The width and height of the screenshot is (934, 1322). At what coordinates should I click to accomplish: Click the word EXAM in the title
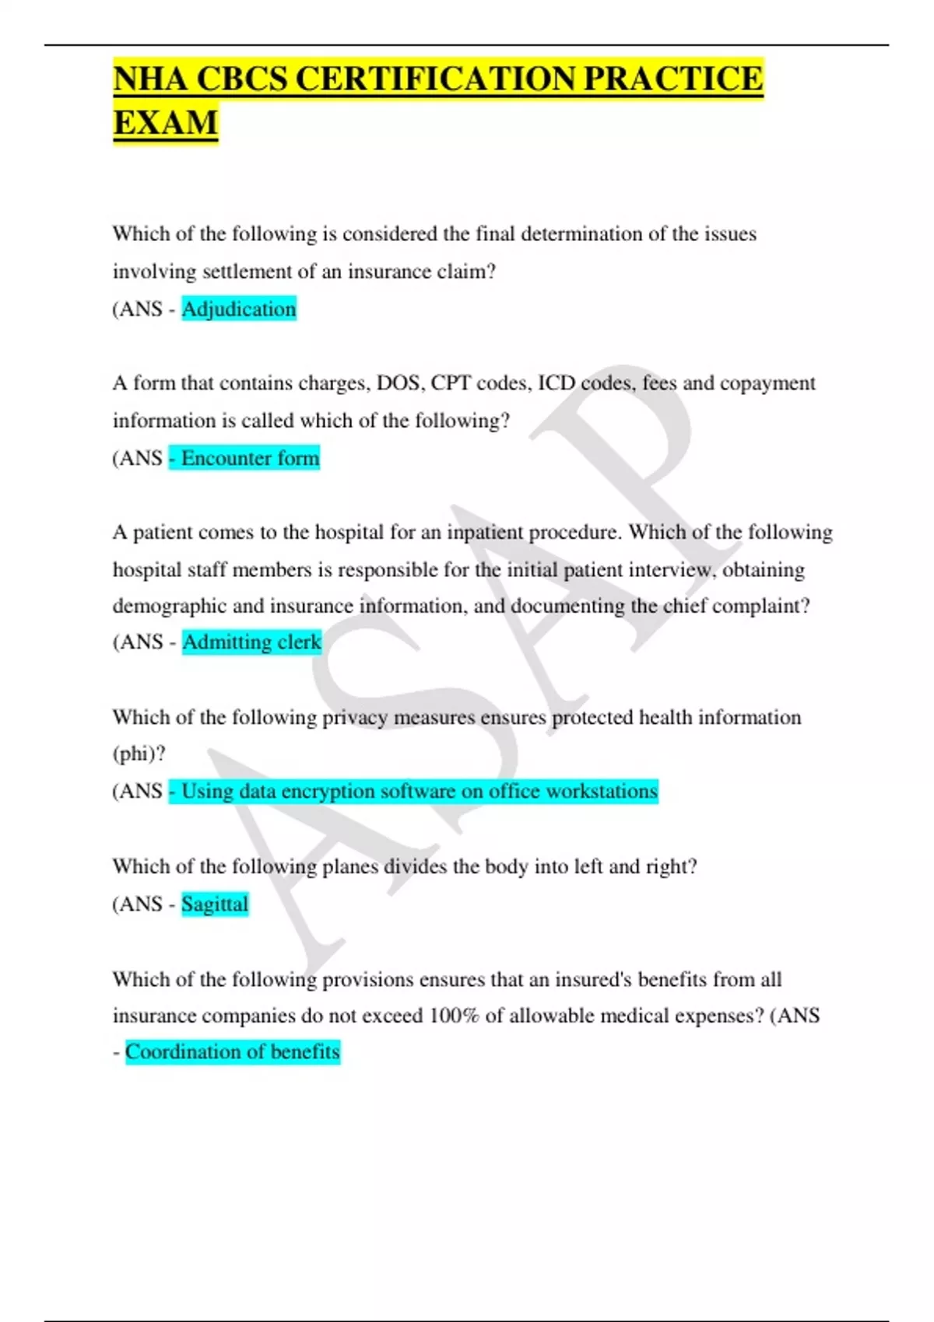point(165,123)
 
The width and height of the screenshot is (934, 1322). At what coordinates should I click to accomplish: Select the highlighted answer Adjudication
point(238,310)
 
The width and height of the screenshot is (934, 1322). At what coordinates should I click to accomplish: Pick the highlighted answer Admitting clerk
point(251,642)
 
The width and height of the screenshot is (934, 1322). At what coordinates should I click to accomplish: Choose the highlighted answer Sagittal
point(215,904)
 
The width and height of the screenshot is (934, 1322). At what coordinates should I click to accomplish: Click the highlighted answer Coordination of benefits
point(233,1052)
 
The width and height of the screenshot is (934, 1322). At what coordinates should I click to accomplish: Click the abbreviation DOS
point(398,383)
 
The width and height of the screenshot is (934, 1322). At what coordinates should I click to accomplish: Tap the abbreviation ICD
point(556,383)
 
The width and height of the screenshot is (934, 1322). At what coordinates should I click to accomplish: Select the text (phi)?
point(139,754)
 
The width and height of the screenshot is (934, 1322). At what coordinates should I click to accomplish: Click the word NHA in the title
point(150,79)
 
